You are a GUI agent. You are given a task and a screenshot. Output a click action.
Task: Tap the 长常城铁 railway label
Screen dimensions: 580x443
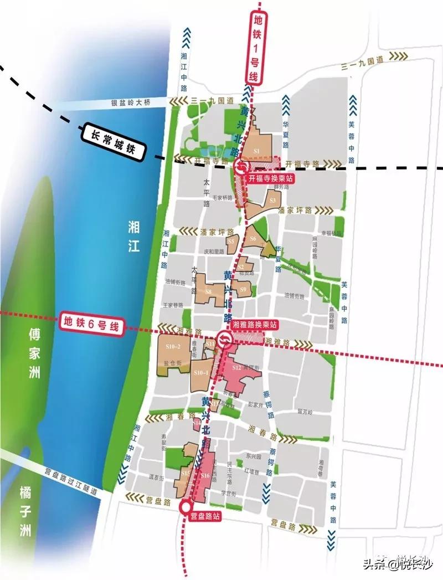pos(114,141)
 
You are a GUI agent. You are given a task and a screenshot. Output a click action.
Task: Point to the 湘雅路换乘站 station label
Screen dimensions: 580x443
pos(255,324)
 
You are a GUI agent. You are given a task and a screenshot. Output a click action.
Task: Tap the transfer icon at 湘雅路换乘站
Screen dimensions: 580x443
pos(225,339)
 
